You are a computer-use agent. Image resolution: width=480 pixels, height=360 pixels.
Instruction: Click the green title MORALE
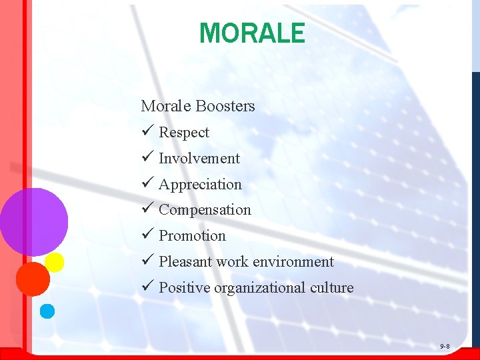[x=252, y=33]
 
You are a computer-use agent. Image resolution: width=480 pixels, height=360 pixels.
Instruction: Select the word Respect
[x=184, y=133]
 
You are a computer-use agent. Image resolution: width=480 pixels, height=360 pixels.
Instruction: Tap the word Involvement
[x=199, y=159]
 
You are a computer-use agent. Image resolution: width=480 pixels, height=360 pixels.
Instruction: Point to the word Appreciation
[x=200, y=185]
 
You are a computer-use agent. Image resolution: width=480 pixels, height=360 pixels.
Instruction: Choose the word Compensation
[x=205, y=210]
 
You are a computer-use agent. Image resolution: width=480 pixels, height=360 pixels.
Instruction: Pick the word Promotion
[x=192, y=236]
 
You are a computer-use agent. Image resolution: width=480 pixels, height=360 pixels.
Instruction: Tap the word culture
[x=331, y=288]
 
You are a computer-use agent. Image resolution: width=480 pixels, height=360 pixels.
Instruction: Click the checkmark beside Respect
[x=147, y=132]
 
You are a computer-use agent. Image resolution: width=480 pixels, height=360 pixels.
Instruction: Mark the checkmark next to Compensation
[x=147, y=209]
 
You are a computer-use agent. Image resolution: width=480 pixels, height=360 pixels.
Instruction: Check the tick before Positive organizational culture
[x=147, y=287]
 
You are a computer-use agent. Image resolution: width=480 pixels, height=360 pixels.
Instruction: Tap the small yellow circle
[x=54, y=262]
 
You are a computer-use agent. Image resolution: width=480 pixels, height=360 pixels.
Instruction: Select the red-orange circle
[x=33, y=279]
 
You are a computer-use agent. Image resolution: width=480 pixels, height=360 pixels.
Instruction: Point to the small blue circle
[x=47, y=311]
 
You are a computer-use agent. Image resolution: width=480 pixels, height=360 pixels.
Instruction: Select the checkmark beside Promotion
[x=147, y=235]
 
